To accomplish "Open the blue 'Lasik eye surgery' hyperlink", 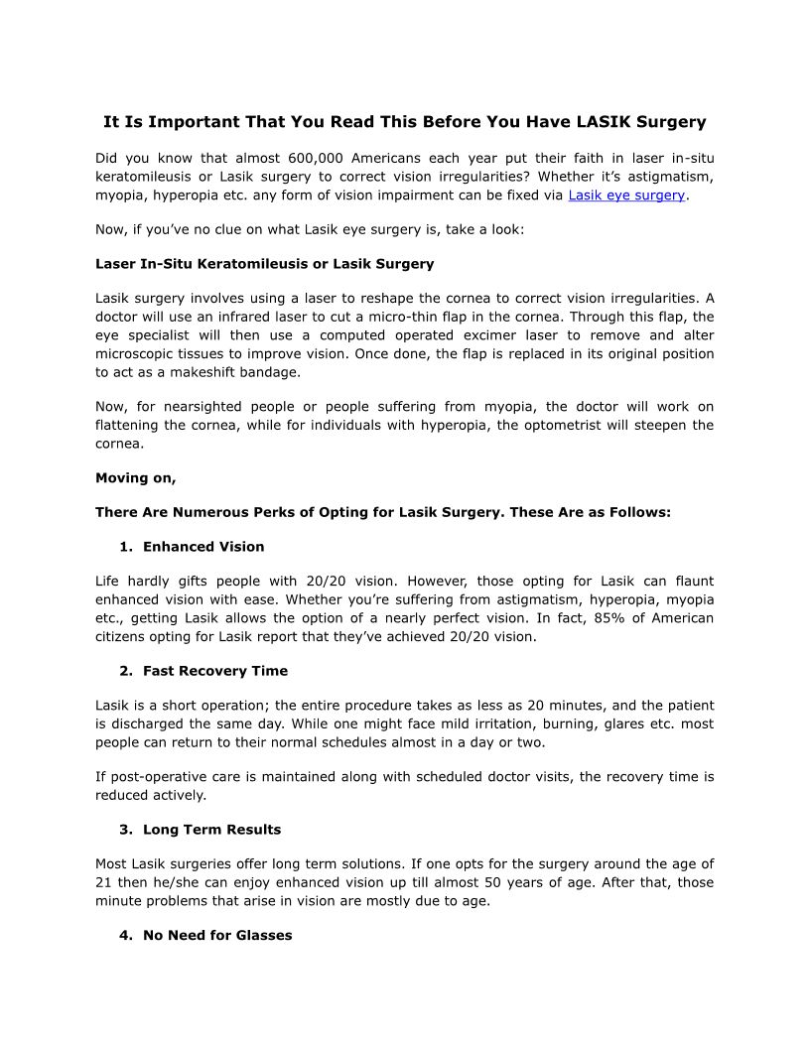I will pyautogui.click(x=626, y=196).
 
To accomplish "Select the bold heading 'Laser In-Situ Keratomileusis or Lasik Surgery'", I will pyautogui.click(x=264, y=264).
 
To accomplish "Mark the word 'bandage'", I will pyautogui.click(x=267, y=372).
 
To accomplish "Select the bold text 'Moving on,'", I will pyautogui.click(x=135, y=478).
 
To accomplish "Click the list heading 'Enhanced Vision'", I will pyautogui.click(x=203, y=547).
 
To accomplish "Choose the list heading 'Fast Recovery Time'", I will pyautogui.click(x=215, y=671).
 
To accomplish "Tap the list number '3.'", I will pyautogui.click(x=126, y=830).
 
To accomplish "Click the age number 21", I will pyautogui.click(x=104, y=882).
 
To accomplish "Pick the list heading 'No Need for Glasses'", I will pyautogui.click(x=217, y=935).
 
